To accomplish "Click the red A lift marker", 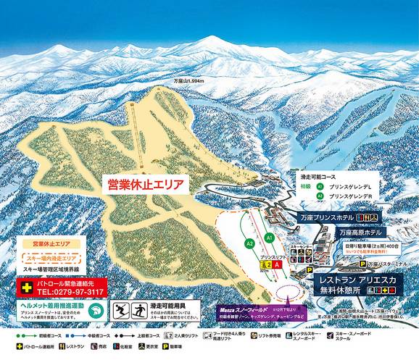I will (x=276, y=265).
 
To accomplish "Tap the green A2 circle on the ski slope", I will (x=249, y=245).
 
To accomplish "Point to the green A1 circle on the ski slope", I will (x=268, y=237).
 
